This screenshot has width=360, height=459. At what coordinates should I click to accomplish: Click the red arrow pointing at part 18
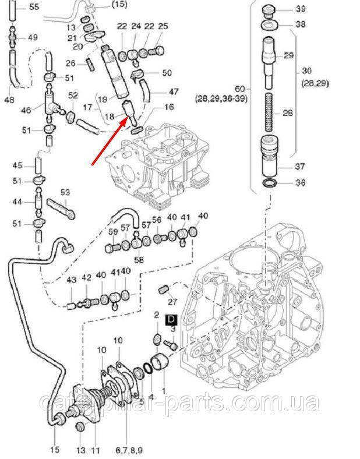[111, 140]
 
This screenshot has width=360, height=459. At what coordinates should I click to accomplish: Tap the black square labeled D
[172, 319]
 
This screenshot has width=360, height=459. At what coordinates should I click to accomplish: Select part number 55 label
[34, 7]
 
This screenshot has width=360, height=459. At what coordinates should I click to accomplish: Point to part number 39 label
[301, 9]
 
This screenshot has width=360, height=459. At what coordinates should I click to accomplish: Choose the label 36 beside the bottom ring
[300, 183]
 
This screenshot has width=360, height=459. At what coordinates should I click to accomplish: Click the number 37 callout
[300, 167]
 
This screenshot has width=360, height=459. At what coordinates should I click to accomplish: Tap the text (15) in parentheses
[118, 5]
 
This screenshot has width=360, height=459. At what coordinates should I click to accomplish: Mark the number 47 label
[175, 91]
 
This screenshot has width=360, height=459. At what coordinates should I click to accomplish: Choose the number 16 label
[169, 107]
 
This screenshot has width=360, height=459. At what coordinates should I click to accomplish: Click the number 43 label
[72, 280]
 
